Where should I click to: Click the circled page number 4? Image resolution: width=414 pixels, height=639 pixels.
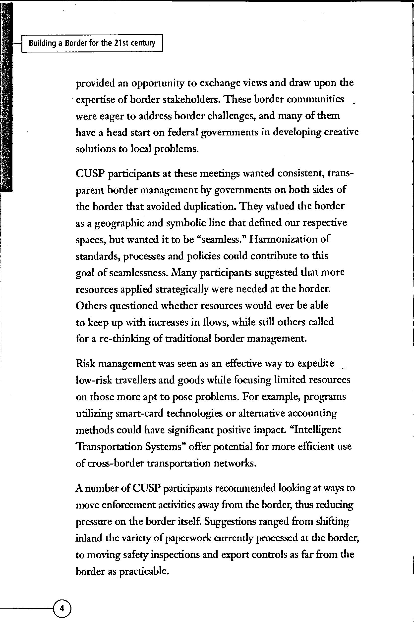point(62,608)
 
